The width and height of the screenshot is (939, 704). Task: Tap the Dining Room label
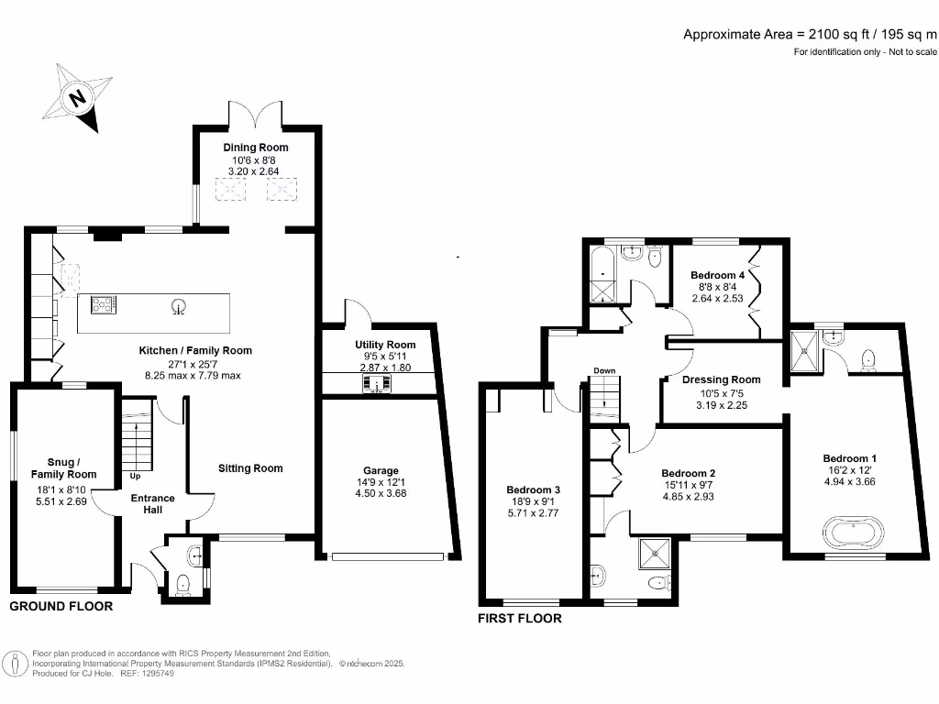[x=256, y=148]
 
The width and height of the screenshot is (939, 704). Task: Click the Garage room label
[x=381, y=470]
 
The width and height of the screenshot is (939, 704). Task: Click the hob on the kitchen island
[x=102, y=305]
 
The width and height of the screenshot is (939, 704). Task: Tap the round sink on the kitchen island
[x=179, y=306]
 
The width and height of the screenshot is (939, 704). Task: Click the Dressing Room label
[x=722, y=379]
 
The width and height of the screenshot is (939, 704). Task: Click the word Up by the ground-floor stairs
[x=136, y=477]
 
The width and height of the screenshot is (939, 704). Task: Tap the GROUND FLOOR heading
[x=61, y=607]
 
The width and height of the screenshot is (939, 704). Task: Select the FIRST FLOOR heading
[x=519, y=619]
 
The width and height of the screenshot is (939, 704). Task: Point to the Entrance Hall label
[x=153, y=504]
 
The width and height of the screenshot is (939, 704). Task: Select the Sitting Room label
[x=250, y=468]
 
